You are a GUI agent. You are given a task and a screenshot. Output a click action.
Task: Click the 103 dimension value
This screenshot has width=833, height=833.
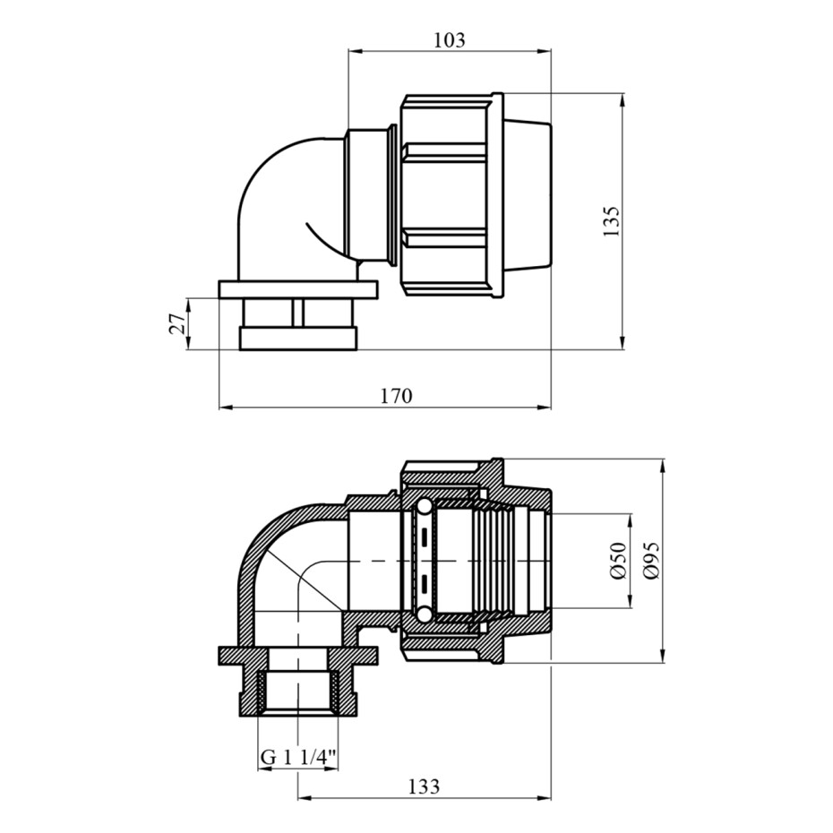tap(450, 40)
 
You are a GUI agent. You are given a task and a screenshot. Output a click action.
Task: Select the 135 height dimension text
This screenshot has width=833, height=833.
tap(612, 221)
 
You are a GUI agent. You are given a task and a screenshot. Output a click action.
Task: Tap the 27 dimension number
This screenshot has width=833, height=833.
tap(178, 323)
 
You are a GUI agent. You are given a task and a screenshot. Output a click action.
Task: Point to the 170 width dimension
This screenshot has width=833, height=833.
tap(397, 396)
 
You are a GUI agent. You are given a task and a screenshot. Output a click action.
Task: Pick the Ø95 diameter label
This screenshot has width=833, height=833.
tap(651, 561)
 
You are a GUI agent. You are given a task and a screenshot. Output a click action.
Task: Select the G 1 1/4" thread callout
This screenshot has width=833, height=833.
tap(298, 757)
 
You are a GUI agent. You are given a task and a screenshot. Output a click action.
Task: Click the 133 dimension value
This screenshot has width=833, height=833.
tap(424, 786)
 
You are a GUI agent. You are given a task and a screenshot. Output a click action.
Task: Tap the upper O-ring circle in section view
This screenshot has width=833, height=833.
tap(424, 508)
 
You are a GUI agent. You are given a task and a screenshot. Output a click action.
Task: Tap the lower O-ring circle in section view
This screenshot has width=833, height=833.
tap(424, 614)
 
